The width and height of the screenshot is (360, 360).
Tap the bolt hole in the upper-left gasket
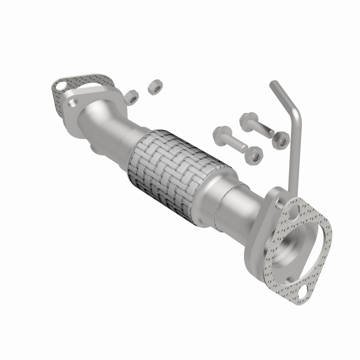pyautogui.click(x=59, y=84)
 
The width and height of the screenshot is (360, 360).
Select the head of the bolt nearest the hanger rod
pyautogui.click(x=247, y=119)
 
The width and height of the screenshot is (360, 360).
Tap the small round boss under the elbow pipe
pyautogui.click(x=94, y=148)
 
